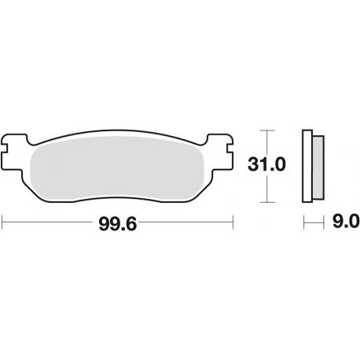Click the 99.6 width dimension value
pyautogui.click(x=118, y=222)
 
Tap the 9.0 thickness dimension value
pyautogui.click(x=346, y=222)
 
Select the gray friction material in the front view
pyautogui.click(x=118, y=165)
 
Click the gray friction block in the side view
pyautogui.click(x=317, y=165)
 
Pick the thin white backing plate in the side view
pyautogui.click(x=307, y=165)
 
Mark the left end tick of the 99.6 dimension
pyautogui.click(x=2, y=222)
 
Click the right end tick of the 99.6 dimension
pyautogui.click(x=233, y=222)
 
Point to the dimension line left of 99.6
pyautogui.click(x=47, y=222)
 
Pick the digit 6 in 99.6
pyautogui.click(x=134, y=222)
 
